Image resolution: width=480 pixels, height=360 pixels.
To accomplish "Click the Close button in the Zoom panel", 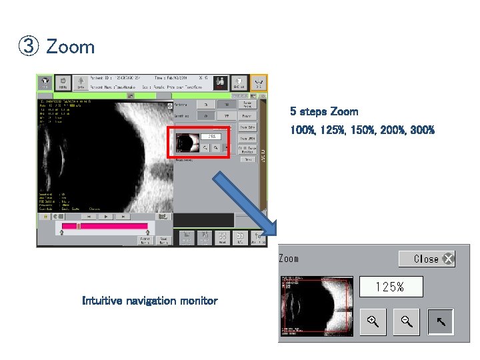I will point(427,259).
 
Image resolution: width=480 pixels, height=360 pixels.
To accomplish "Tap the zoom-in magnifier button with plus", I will point(373,323).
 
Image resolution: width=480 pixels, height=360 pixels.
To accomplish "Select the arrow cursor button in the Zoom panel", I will point(441,323).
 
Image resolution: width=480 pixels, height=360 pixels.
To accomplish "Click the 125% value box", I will point(390,287).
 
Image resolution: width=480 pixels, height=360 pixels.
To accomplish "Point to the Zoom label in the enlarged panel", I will point(289,259).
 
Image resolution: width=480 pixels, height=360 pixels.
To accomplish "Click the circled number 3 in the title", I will point(29,47).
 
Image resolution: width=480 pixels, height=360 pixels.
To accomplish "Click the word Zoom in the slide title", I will point(70,47).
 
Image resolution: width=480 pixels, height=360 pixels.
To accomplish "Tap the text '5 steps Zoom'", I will point(323,111).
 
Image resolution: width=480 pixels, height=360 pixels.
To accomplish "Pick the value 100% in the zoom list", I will point(303,130).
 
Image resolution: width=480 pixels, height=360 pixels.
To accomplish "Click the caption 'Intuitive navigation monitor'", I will point(149,301).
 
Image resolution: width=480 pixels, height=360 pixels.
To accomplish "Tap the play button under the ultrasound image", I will point(105,217).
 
